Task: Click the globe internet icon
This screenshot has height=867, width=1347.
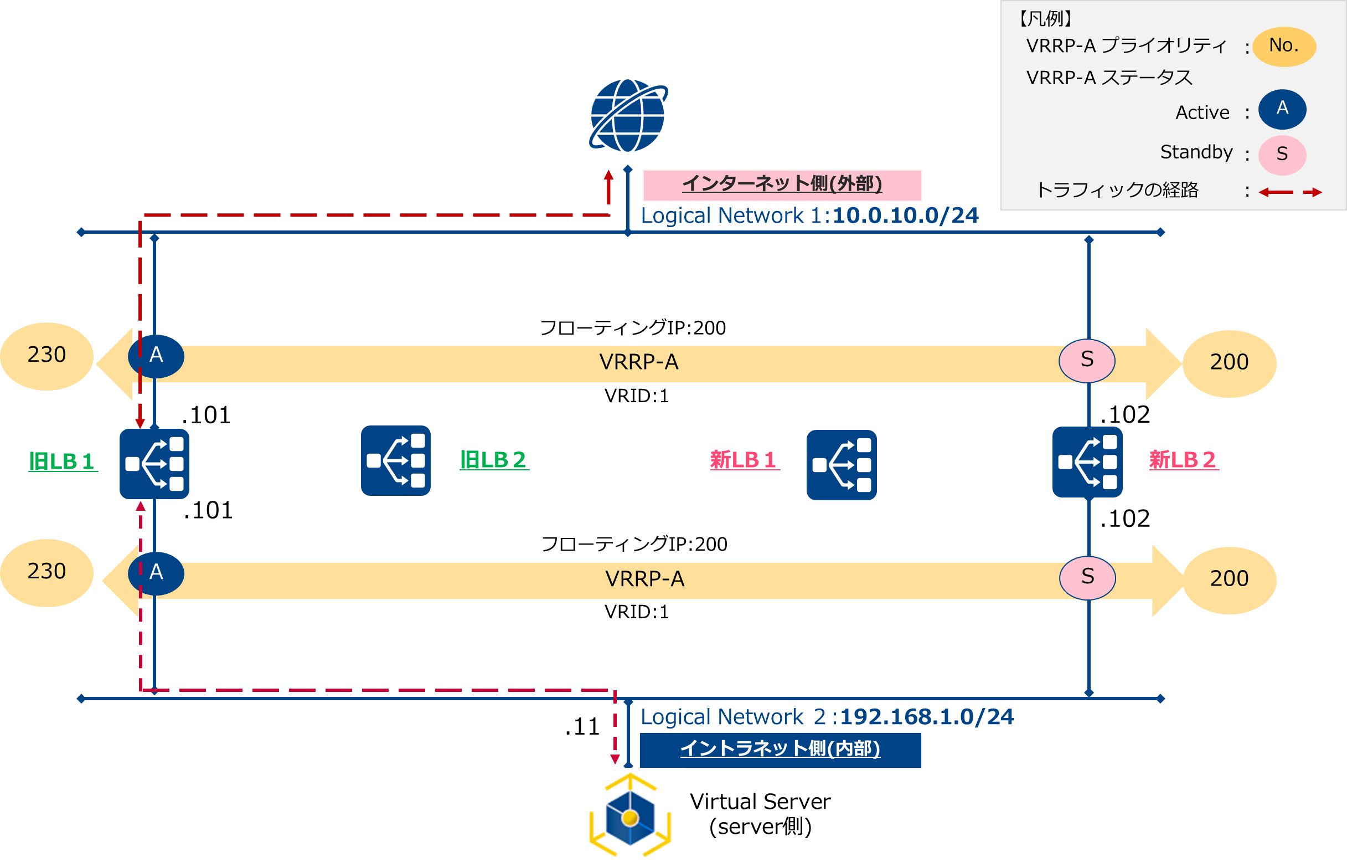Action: (628, 115)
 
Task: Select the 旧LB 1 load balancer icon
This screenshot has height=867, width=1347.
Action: (154, 464)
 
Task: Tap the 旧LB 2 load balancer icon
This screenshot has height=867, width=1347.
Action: (395, 460)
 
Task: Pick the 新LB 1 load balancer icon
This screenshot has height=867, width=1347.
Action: (841, 465)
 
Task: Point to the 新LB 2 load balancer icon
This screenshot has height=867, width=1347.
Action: (1087, 462)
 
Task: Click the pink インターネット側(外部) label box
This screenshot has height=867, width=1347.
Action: (782, 184)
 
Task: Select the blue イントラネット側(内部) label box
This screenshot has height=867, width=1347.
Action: (780, 750)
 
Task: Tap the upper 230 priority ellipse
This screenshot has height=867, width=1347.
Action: (47, 356)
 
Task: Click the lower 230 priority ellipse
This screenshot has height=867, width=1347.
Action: (47, 573)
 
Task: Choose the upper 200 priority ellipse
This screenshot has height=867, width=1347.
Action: (1230, 363)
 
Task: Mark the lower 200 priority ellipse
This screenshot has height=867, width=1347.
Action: (1230, 580)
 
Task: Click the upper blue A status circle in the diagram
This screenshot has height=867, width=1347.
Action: (156, 356)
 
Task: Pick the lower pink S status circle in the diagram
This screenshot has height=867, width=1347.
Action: (1087, 577)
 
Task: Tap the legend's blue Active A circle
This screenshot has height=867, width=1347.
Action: (1282, 109)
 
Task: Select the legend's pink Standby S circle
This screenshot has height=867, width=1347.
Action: (1282, 154)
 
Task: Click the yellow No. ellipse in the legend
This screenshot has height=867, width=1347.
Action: (1284, 46)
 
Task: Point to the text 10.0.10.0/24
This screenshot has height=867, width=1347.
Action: (905, 216)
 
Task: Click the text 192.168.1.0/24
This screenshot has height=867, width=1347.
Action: (926, 717)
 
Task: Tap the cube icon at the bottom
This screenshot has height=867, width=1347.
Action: (629, 817)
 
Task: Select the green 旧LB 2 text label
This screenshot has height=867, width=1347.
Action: (493, 460)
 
